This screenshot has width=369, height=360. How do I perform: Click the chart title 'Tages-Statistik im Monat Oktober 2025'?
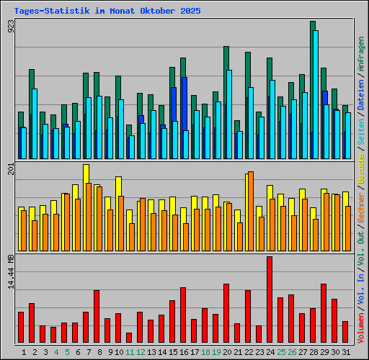107,12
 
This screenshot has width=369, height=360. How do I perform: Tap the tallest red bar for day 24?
270,300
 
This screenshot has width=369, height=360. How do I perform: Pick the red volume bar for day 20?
226,313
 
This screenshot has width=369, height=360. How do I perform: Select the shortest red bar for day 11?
129,337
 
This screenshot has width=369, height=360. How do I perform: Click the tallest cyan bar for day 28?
315,94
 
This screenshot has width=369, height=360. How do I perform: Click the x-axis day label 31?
346,352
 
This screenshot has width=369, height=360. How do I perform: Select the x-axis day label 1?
25,352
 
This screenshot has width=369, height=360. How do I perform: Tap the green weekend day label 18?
205,352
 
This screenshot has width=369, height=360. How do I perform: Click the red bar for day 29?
324,313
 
